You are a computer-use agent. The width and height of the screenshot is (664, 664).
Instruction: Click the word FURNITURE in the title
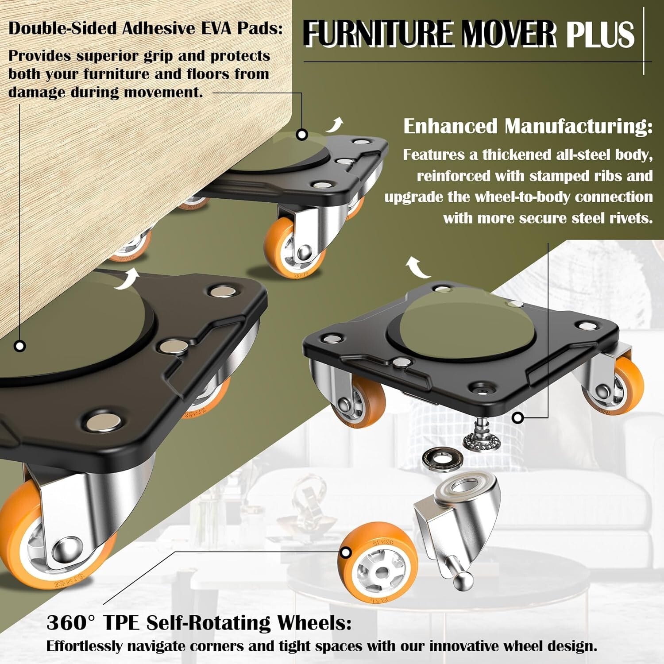(x=378, y=34)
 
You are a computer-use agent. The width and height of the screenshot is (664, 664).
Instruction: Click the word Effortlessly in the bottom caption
(x=85, y=646)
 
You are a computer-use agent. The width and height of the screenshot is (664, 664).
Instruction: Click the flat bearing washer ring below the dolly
(x=442, y=456)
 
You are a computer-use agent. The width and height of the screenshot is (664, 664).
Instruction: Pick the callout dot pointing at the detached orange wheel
(x=345, y=552)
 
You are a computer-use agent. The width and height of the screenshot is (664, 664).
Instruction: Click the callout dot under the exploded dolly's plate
(x=517, y=417)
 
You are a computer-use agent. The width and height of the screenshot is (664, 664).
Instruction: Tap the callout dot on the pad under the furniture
(x=302, y=135)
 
